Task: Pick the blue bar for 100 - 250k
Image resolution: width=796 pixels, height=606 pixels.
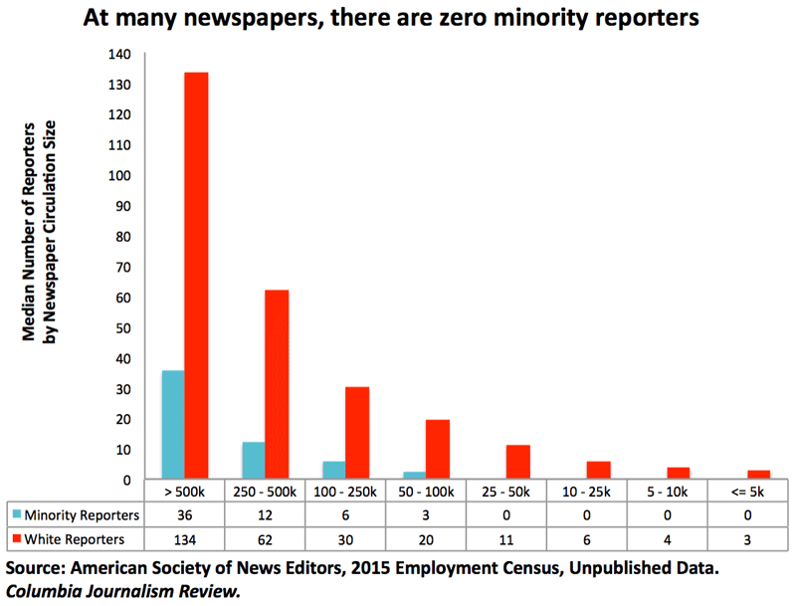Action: (x=333, y=470)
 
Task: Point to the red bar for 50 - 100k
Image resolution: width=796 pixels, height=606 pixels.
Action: (x=437, y=449)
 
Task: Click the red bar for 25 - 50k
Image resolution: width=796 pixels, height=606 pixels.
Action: (x=517, y=462)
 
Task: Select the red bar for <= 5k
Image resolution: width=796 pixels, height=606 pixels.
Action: (x=758, y=475)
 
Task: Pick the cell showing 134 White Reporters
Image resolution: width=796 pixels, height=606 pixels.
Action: (x=184, y=540)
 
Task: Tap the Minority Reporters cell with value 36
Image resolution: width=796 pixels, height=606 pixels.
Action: (x=184, y=514)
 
